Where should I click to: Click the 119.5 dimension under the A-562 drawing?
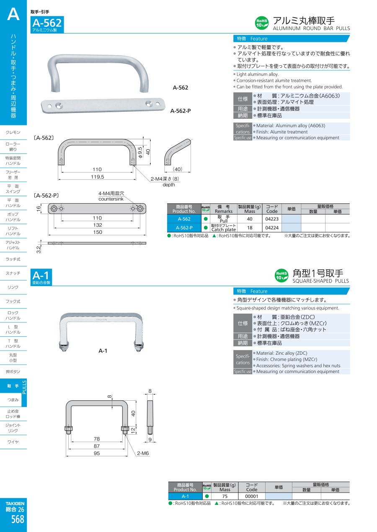(98, 176)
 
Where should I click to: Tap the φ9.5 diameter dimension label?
(140, 152)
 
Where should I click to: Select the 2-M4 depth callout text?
(165, 182)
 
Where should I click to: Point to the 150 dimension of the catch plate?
(98, 232)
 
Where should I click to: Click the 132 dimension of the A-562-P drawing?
(98, 225)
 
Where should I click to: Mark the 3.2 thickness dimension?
(39, 250)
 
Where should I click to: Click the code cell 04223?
(272, 219)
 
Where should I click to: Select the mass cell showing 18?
(250, 228)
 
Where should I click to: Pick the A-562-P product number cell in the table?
(184, 228)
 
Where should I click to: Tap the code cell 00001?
(252, 496)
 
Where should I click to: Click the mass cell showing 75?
(225, 496)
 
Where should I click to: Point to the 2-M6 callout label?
(143, 453)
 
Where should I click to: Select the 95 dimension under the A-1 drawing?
(97, 453)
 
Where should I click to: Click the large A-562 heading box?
(47, 24)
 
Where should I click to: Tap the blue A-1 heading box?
(41, 277)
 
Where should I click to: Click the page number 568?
(18, 519)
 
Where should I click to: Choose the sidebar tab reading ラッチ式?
(13, 259)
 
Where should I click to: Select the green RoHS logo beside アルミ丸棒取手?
(262, 23)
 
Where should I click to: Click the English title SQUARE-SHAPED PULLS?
(320, 281)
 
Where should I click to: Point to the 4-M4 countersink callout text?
(111, 196)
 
